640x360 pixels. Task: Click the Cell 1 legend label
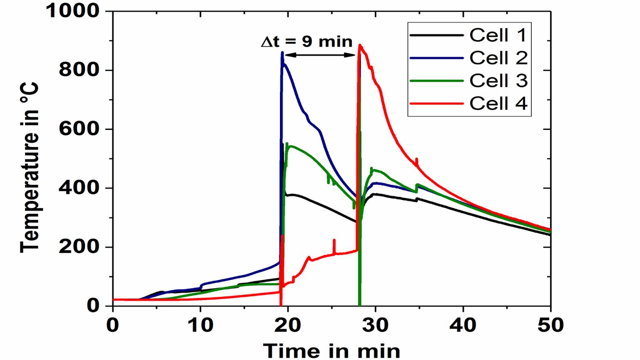pyautogui.click(x=498, y=35)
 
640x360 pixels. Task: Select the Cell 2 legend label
pyautogui.click(x=498, y=58)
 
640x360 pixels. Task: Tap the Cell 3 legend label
pyautogui.click(x=498, y=81)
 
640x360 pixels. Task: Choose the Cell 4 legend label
pyautogui.click(x=498, y=103)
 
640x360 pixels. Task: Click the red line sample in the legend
pyautogui.click(x=436, y=103)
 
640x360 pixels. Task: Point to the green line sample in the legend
pyautogui.click(x=436, y=81)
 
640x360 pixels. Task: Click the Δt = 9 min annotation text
pyautogui.click(x=307, y=42)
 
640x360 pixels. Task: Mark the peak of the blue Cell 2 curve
pyautogui.click(x=282, y=52)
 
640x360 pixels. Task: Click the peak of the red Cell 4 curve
pyautogui.click(x=360, y=45)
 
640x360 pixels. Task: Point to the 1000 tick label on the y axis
pyautogui.click(x=72, y=11)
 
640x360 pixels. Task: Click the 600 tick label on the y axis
pyautogui.click(x=79, y=129)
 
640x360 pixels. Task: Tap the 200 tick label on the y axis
pyautogui.click(x=79, y=247)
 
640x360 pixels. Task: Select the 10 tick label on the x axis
pyautogui.click(x=200, y=325)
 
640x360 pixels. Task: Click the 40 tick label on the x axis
pyautogui.click(x=463, y=325)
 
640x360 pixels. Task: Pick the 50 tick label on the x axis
pyautogui.click(x=550, y=325)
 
